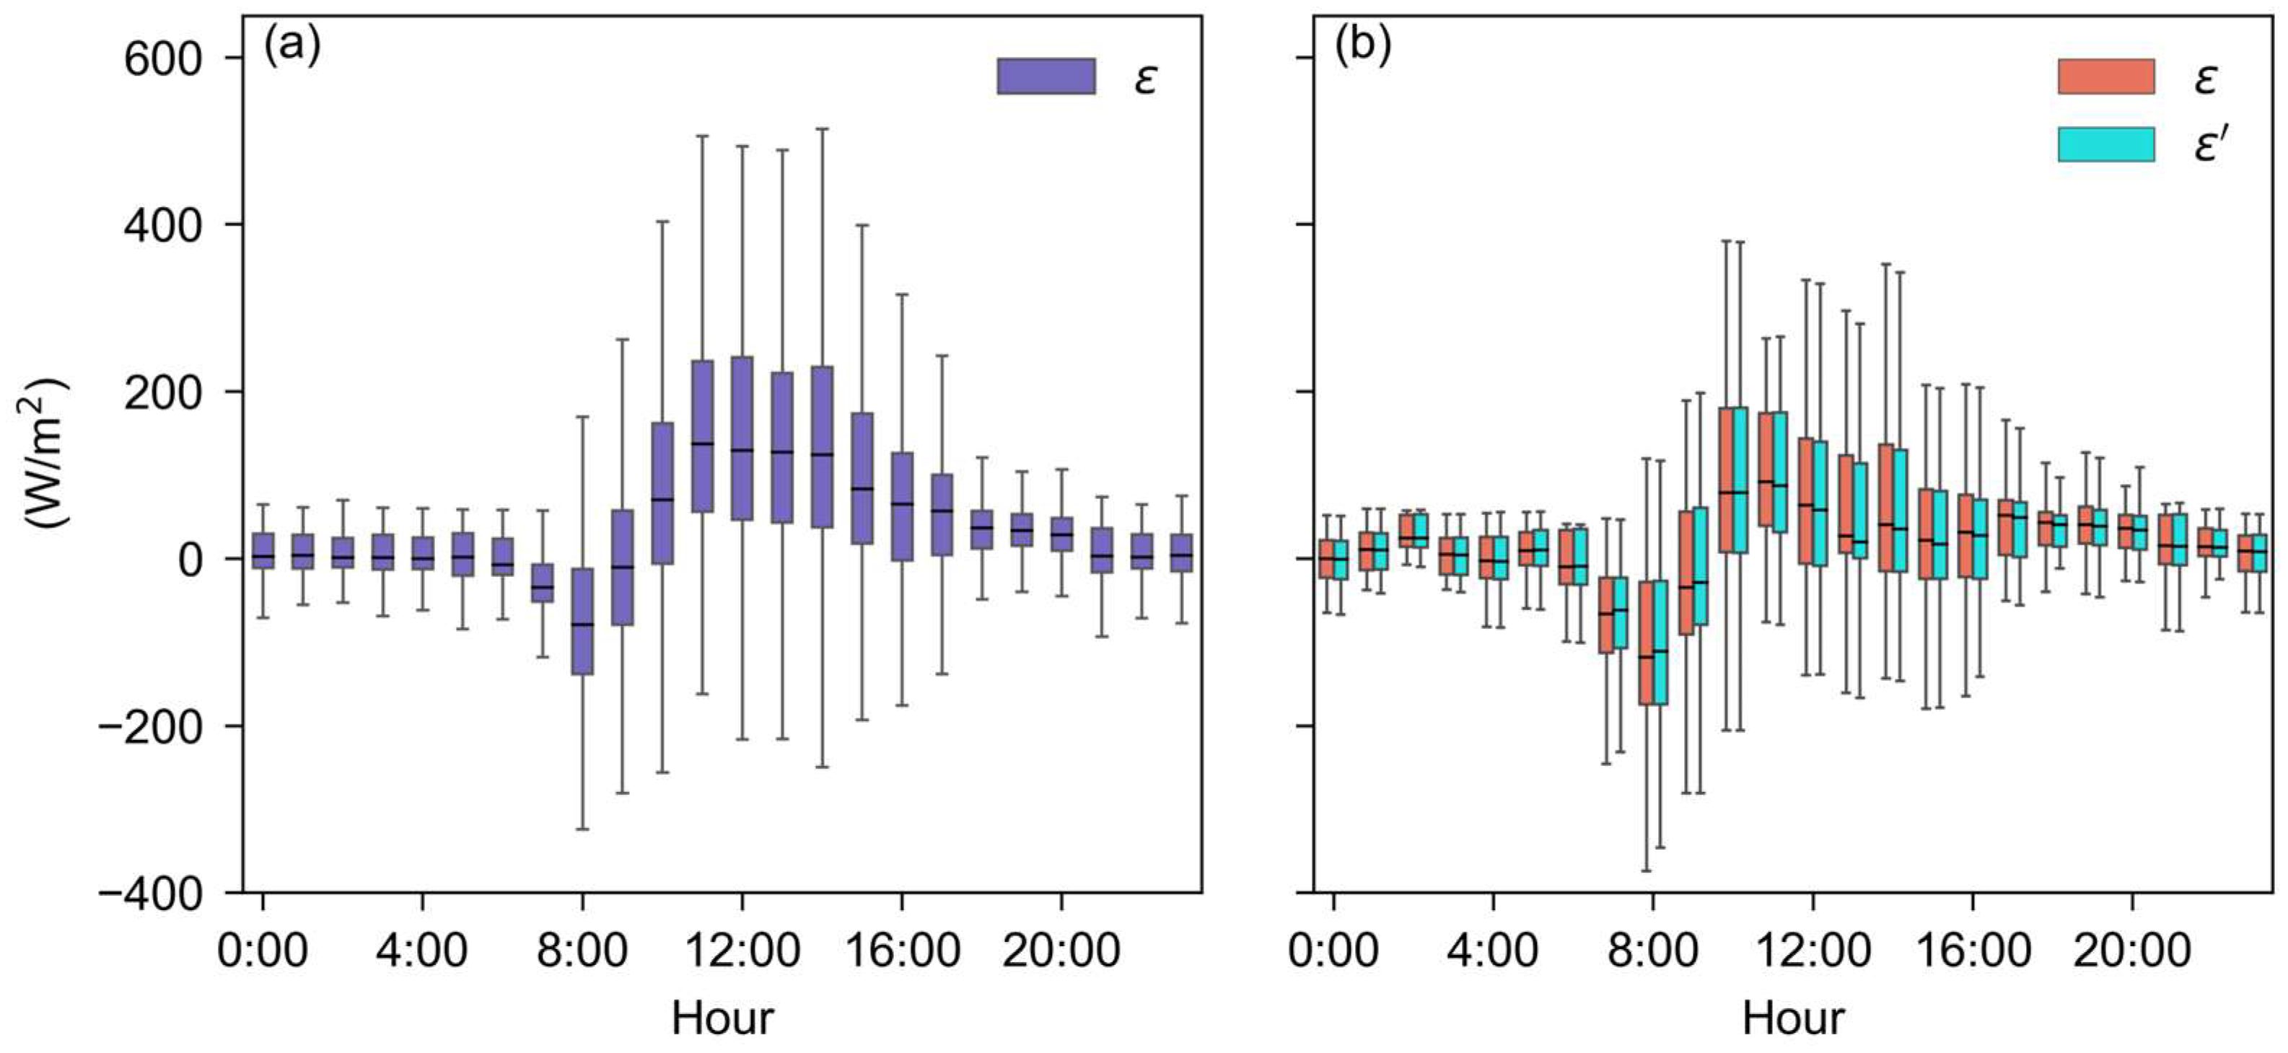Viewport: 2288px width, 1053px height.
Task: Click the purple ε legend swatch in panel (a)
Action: pos(1046,76)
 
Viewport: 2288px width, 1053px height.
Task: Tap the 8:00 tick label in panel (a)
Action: pos(582,951)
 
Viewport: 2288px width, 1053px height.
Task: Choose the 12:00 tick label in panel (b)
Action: pos(1813,951)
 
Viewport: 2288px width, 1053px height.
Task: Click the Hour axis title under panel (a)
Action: pos(722,1018)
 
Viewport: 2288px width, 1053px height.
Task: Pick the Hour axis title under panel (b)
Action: pos(1793,1018)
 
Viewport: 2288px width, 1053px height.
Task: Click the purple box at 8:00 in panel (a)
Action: pos(582,622)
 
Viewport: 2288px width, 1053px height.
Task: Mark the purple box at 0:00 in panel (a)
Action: pos(263,550)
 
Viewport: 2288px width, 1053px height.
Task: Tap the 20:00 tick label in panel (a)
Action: pos(1061,951)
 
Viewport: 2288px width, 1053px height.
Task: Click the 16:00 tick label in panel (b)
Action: pos(1973,951)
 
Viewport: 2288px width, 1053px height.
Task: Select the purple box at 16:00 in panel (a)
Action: pos(901,506)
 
